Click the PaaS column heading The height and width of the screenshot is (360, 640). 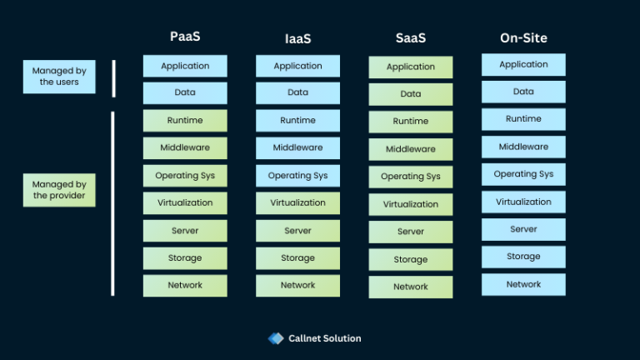[184, 37]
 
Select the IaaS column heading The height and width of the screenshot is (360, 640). [297, 38]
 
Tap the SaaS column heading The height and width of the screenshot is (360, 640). [411, 38]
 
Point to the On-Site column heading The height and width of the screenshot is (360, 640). [523, 37]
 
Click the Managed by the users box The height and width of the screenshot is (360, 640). [59, 76]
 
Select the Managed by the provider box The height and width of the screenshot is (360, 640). [59, 190]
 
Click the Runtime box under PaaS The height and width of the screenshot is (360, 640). [184, 121]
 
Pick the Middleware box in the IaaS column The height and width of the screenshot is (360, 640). [297, 148]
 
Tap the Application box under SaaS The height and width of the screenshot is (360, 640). [411, 67]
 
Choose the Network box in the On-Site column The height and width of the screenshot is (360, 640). [523, 285]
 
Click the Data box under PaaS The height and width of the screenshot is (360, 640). [184, 93]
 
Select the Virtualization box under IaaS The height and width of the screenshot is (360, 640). [297, 203]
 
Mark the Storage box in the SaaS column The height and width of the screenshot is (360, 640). [411, 260]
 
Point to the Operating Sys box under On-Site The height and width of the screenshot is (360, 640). [523, 175]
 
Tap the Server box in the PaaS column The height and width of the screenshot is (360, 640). [184, 231]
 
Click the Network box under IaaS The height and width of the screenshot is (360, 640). [297, 286]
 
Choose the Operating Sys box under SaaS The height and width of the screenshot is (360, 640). [411, 177]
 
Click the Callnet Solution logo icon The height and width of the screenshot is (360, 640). [276, 338]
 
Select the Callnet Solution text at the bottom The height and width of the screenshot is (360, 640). [325, 338]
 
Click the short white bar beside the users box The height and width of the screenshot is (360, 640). [113, 78]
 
